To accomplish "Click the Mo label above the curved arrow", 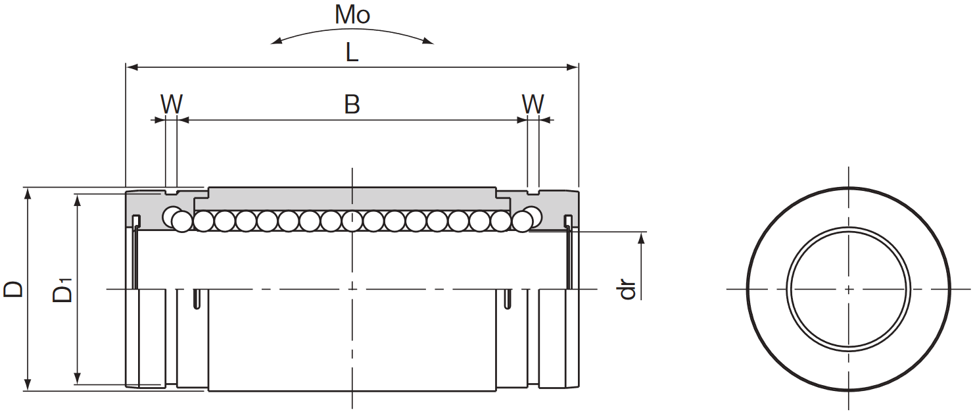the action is (x=352, y=14).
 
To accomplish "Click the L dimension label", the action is (x=352, y=53).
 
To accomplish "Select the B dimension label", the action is (x=352, y=105).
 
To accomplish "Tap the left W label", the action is (x=172, y=104).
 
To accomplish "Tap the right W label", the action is (x=533, y=104).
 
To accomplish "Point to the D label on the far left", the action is (x=13, y=289).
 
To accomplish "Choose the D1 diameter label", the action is (x=62, y=290).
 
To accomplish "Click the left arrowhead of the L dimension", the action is (x=132, y=67).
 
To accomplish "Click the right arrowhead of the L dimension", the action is (x=572, y=67).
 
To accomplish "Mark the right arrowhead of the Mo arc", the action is (x=428, y=41).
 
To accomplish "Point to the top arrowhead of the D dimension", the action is (x=28, y=194).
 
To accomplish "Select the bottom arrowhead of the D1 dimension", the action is (x=78, y=378).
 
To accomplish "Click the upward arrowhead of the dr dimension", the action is (x=641, y=239).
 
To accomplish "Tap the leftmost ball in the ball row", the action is (x=172, y=217).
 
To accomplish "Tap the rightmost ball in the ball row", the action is (x=532, y=215).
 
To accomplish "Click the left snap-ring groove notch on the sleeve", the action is (x=171, y=192).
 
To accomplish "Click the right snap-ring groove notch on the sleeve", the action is (x=533, y=192).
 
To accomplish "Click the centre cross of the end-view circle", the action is (x=848, y=289).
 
